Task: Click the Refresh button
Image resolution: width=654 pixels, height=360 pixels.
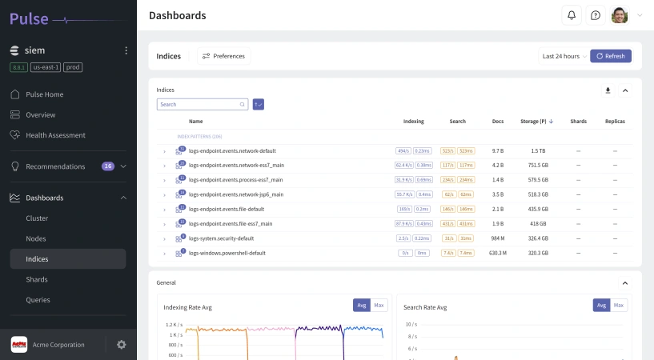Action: coord(611,56)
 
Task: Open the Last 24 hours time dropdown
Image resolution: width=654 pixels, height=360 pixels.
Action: coord(564,56)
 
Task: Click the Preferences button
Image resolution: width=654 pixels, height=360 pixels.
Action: coord(223,56)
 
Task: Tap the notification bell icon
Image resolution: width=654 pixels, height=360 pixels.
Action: coord(572,15)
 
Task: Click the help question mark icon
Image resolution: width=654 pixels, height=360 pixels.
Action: coord(596,15)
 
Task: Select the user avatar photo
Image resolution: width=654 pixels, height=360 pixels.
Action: coord(620,15)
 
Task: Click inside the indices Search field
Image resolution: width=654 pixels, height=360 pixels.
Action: coord(200,104)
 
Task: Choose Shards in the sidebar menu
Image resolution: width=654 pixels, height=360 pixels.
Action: coord(37,279)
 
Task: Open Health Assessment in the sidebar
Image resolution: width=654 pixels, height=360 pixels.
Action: coord(55,135)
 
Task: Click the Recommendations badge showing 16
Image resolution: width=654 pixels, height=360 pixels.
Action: coord(108,166)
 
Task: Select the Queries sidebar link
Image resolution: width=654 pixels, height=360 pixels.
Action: coord(38,300)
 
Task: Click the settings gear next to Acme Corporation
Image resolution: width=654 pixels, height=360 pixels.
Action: coord(122,345)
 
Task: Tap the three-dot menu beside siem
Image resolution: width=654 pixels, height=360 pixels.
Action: coord(126,50)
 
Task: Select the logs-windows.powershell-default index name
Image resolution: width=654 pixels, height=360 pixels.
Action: coord(227,253)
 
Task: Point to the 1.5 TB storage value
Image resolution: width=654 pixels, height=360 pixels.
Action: coord(538,150)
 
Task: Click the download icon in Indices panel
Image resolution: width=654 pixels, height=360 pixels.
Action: coord(608,90)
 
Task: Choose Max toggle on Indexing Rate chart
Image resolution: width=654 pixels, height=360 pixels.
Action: coord(379,306)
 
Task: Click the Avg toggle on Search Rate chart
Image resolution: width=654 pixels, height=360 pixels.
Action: coord(601,306)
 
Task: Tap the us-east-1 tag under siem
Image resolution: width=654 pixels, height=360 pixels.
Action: coord(46,67)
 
